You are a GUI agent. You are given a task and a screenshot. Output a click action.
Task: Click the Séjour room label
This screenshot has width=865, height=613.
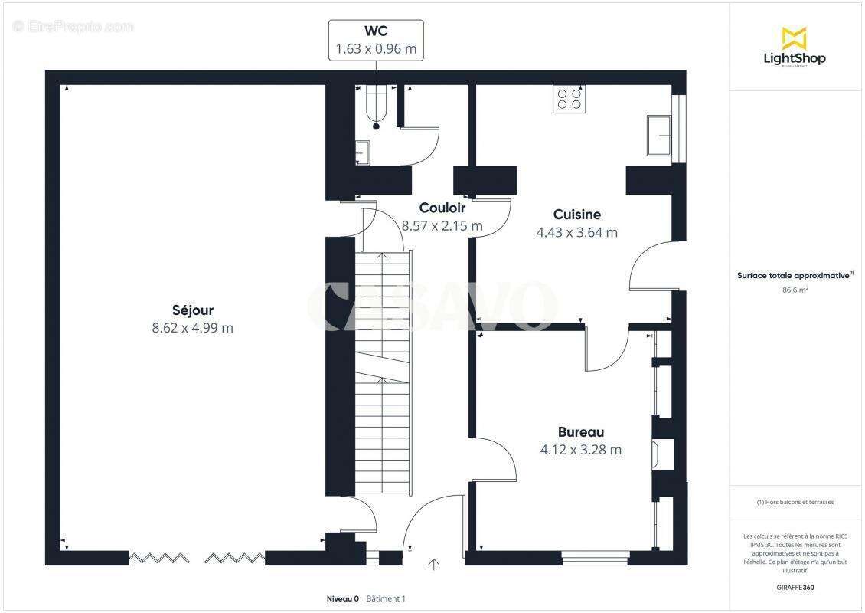(192, 310)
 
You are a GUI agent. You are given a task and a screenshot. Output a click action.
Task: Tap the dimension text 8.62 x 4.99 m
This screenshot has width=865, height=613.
(192, 328)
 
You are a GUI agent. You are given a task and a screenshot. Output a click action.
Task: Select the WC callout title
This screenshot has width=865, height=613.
(376, 31)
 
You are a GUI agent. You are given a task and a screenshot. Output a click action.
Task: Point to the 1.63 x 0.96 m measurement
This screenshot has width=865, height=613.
(376, 49)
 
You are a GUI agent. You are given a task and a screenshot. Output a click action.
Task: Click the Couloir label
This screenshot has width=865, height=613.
(442, 208)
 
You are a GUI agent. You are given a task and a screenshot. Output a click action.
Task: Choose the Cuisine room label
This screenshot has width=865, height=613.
(576, 215)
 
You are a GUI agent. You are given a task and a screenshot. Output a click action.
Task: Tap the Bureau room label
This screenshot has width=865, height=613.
(580, 431)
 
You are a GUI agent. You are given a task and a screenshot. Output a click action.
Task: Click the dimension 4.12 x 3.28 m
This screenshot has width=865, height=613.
(580, 450)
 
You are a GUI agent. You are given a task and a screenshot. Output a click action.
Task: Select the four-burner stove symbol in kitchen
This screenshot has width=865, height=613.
(569, 99)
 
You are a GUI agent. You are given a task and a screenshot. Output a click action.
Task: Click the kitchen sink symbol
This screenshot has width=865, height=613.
(660, 136)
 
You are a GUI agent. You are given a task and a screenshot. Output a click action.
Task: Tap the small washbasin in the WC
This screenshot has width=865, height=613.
(363, 152)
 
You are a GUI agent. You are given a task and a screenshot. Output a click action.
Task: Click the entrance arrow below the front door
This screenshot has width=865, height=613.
(434, 565)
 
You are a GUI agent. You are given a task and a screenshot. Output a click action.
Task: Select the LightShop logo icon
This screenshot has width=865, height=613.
(795, 38)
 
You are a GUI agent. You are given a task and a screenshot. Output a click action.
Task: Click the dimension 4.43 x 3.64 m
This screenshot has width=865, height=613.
(576, 233)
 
